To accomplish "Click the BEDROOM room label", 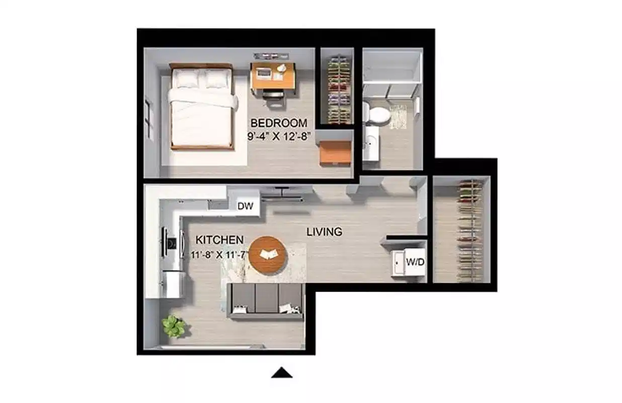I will point(278,123).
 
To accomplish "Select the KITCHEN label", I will point(219,240).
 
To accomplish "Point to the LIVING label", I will point(325,232).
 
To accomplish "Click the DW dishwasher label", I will point(245,206).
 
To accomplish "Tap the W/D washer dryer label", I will point(415,262).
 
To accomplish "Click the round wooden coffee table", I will point(268,255).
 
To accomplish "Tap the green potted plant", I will point(174,326).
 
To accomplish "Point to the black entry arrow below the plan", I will point(282,373).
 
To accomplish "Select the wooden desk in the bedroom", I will point(272,76).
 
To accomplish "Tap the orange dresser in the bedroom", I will point(335,152).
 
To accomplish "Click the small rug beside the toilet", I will point(399,117).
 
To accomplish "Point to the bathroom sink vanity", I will point(371,143).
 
